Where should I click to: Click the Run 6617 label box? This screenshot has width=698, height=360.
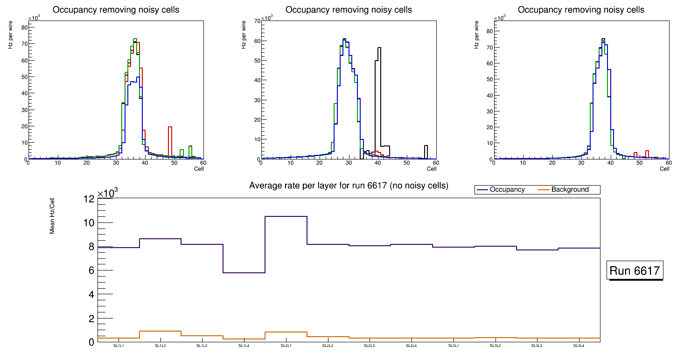(635, 271)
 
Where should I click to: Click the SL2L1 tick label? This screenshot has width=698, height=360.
(286, 346)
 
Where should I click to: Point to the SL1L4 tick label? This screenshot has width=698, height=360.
(244, 346)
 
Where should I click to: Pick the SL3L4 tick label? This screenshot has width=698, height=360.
(579, 346)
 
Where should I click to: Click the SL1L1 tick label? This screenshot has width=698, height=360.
(119, 346)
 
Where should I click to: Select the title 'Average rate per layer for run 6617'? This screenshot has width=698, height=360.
(349, 186)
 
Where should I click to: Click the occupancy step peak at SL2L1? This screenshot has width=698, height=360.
(286, 216)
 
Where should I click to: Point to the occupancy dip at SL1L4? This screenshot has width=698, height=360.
(244, 272)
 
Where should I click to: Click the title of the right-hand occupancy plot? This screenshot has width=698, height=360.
(581, 10)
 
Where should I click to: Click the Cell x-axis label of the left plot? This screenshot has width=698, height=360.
(199, 168)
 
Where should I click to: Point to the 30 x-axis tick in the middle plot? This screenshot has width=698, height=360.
(348, 163)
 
